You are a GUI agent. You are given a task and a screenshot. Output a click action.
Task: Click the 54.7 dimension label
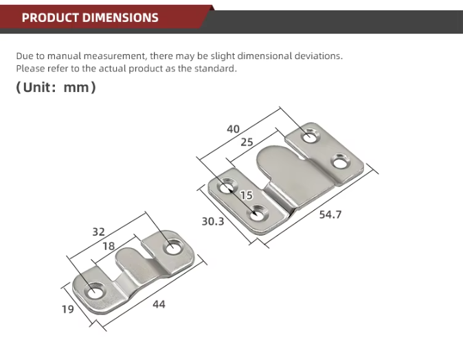tap(330, 214)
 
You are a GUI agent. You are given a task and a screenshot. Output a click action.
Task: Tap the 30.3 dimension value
tap(213, 221)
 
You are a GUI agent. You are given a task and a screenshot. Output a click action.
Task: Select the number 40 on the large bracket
tap(234, 129)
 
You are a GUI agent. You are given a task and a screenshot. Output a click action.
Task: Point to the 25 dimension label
tap(247, 142)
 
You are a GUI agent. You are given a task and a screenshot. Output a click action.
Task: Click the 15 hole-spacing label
tap(246, 195)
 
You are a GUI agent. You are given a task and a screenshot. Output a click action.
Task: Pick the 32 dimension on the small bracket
tap(99, 232)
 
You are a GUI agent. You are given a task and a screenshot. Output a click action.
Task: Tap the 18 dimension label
tap(109, 246)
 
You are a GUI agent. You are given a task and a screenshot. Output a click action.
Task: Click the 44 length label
tap(159, 304)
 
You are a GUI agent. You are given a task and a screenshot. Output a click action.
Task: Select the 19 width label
tap(67, 309)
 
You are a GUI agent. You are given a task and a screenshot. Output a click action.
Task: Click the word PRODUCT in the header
tap(50, 18)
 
